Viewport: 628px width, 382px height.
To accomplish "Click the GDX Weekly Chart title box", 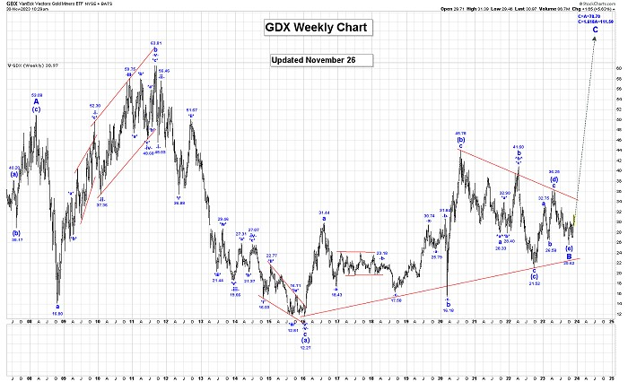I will click(x=317, y=27).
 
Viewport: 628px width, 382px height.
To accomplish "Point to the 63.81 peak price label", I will click(x=156, y=42).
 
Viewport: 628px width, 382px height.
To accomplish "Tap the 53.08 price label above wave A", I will click(x=37, y=94).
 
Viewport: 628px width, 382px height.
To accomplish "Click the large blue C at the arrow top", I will click(x=596, y=30).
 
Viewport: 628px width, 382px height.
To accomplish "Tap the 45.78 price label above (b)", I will click(x=460, y=134).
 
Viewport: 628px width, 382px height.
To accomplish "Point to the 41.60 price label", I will click(x=518, y=146).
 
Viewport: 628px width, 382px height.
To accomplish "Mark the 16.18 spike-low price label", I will click(x=448, y=310).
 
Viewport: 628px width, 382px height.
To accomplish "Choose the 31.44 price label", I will click(x=324, y=213).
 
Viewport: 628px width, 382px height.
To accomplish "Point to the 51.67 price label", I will click(x=192, y=109).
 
